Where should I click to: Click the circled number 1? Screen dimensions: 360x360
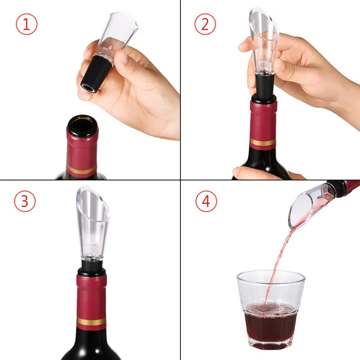(27, 25)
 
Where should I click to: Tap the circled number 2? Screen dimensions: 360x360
(205, 25)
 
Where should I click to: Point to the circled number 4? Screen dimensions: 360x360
(206, 201)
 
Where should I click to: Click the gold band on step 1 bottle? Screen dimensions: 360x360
(81, 171)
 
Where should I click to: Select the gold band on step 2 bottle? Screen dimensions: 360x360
(263, 142)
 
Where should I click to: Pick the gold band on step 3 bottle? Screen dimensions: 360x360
(91, 321)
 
